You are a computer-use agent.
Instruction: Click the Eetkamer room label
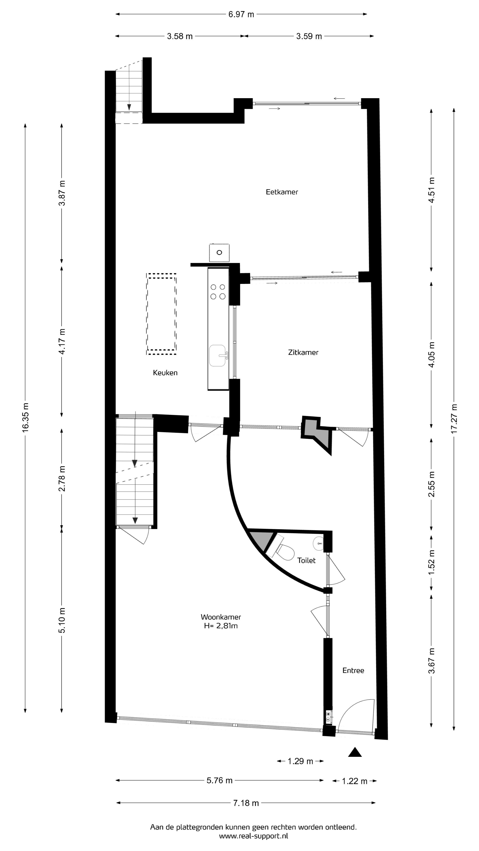282,192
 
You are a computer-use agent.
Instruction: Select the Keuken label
165,373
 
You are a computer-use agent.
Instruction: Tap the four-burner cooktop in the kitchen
218,292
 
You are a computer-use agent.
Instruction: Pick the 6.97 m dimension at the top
241,14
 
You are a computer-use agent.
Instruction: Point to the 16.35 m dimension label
26,417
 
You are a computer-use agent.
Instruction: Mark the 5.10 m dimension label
62,620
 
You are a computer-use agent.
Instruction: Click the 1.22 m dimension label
354,781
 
